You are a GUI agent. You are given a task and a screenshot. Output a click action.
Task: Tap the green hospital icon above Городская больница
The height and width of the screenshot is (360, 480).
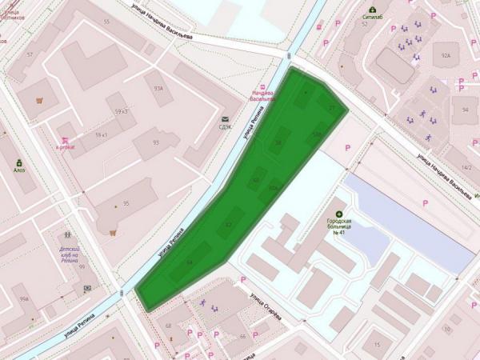coord(339,214)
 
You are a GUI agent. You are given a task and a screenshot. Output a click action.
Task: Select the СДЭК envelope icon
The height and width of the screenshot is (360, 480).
coord(225,119)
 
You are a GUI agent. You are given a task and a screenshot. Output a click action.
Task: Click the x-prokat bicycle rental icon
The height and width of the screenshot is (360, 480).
coord(61,138)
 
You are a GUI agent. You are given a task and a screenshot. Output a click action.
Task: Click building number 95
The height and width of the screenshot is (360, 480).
coord(126,204)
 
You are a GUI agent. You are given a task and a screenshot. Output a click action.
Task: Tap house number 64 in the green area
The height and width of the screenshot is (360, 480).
coord(189,262)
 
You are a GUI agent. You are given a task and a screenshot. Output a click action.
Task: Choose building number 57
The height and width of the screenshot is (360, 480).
coord(30,54)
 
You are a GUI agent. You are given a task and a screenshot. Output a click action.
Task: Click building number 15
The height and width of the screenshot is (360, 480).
coord(376,345)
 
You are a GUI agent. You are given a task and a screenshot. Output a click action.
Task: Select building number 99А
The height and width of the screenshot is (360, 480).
coord(24,298)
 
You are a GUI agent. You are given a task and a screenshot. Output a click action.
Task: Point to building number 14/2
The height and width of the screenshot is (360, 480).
coord(466,168)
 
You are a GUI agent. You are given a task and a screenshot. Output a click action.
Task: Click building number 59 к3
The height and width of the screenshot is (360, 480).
coord(122,111)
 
